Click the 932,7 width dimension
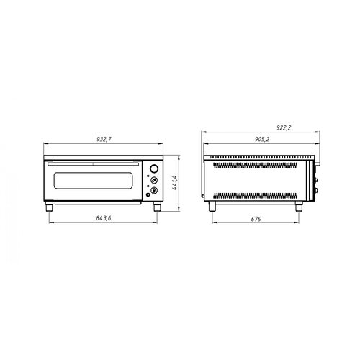click(x=104, y=139)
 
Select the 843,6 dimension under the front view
click(x=104, y=218)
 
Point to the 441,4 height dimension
click(x=175, y=183)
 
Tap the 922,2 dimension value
click(x=284, y=127)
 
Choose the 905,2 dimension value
click(x=262, y=139)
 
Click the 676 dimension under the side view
click(x=256, y=219)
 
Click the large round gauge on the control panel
click(x=154, y=168)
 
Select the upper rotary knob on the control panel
click(x=154, y=180)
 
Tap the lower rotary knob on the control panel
click(x=154, y=191)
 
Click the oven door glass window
click(x=93, y=180)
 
